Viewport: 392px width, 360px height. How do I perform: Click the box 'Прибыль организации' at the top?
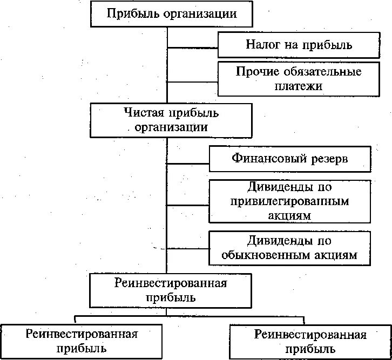click(172, 14)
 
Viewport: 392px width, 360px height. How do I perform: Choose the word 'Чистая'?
click(142, 113)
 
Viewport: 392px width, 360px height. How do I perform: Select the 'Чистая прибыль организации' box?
click(172, 120)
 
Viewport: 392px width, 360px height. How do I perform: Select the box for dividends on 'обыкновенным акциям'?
click(290, 248)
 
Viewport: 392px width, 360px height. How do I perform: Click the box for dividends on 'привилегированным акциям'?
click(290, 201)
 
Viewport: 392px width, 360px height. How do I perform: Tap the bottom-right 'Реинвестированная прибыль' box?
click(310, 341)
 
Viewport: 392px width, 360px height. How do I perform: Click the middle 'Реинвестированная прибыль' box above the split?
click(171, 290)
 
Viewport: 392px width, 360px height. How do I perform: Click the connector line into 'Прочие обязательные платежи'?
click(192, 82)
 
